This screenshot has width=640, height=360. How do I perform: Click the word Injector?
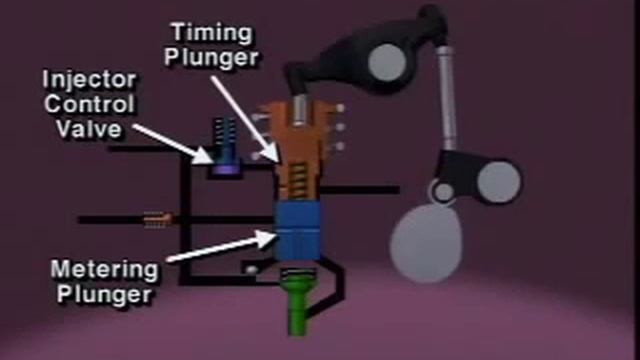point(87,78)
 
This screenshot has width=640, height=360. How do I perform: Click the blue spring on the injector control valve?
point(225,135)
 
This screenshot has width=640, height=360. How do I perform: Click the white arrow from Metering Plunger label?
point(220,249)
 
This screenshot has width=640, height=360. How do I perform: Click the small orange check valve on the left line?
point(157,216)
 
